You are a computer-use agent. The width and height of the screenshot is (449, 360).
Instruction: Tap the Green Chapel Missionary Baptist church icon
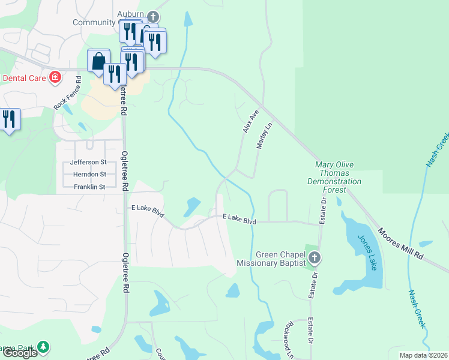pyautogui.click(x=315, y=259)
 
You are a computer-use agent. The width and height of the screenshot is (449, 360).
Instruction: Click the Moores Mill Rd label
pyautogui.click(x=401, y=243)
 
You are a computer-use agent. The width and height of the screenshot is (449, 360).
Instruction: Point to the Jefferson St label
pyautogui.click(x=88, y=162)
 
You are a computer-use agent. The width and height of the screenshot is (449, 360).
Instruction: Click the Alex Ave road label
pyautogui.click(x=250, y=121)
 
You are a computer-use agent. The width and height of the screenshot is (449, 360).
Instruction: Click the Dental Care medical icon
pyautogui.click(x=55, y=77)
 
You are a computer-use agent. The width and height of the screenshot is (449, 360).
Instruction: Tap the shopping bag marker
pyautogui.click(x=98, y=61)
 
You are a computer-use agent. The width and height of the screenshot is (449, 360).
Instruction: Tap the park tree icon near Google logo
pyautogui.click(x=43, y=347)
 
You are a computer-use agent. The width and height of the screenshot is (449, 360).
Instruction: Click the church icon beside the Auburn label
pyautogui.click(x=153, y=16)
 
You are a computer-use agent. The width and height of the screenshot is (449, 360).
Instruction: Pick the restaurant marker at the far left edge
pyautogui.click(x=8, y=118)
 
